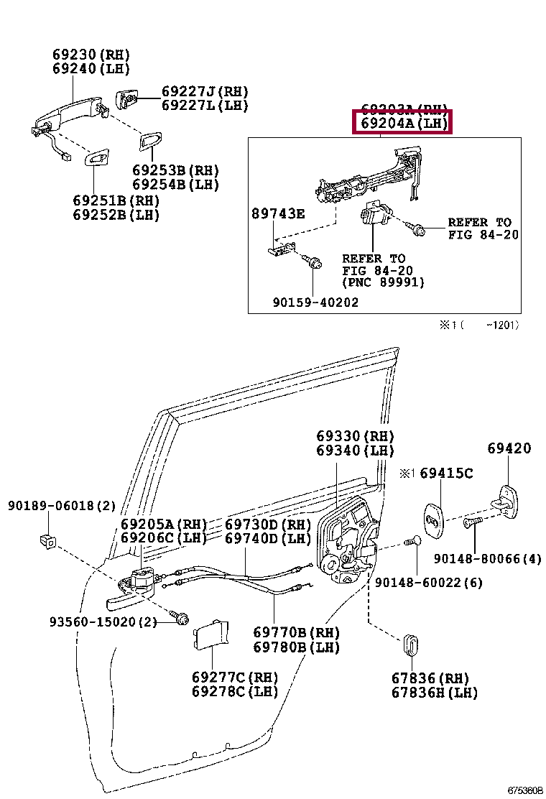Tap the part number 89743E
(277, 213)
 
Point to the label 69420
(509, 448)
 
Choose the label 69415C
(446, 473)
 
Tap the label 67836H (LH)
(434, 693)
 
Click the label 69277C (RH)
(234, 678)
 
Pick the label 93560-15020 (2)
(103, 622)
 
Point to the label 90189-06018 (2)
(62, 506)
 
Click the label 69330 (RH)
(355, 436)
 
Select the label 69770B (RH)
(296, 632)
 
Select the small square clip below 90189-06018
(47, 540)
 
